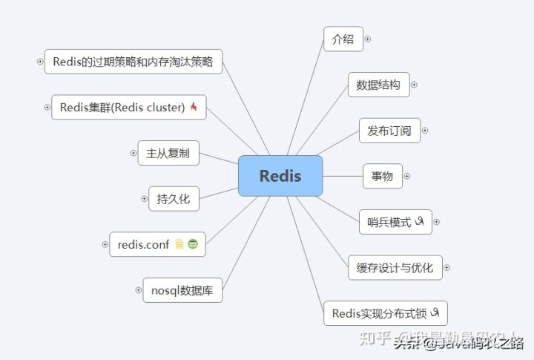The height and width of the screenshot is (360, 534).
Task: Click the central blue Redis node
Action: tap(280, 176)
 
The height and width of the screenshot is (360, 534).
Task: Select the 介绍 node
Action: tap(343, 39)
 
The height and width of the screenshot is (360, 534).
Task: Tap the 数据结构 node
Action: tap(378, 85)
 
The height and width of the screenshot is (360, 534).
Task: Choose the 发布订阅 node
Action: tap(389, 130)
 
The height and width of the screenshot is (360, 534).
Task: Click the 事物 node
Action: tap(382, 176)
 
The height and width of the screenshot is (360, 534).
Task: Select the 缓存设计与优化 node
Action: tap(395, 267)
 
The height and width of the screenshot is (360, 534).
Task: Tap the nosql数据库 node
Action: tap(182, 289)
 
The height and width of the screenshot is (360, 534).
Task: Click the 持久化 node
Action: tap(174, 198)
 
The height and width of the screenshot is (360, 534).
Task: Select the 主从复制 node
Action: tap(168, 153)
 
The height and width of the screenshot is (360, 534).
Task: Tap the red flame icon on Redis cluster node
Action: tap(194, 107)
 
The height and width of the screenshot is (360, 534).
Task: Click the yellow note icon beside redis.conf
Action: tap(179, 244)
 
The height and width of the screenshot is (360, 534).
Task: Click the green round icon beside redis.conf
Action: tap(193, 244)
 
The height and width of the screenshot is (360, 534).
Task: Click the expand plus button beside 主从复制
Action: tap(133, 153)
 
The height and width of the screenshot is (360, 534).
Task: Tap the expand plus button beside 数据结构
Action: tap(414, 85)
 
